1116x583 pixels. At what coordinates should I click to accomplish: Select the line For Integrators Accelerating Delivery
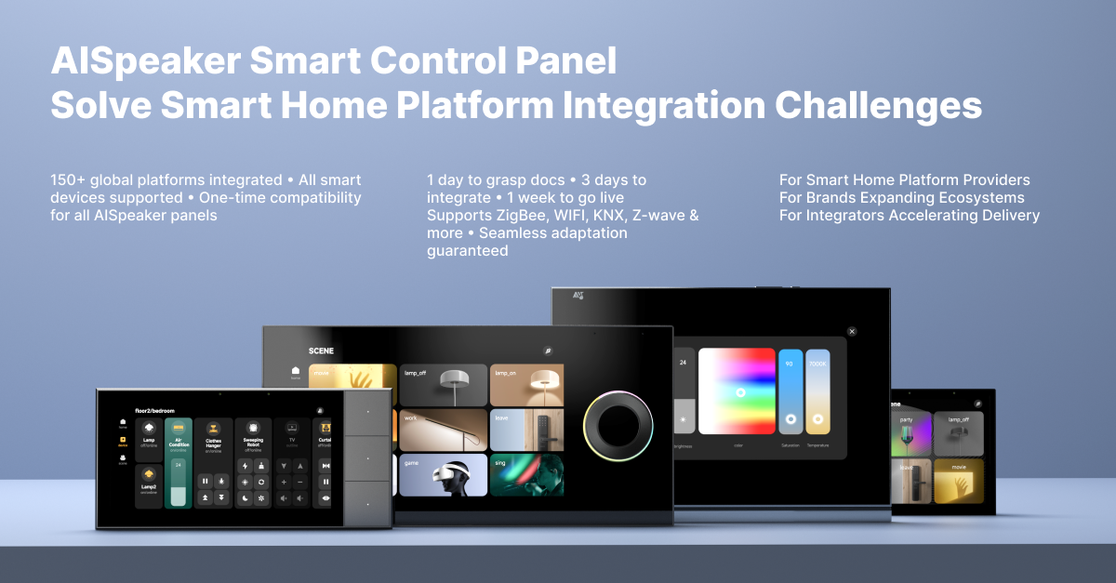pos(909,215)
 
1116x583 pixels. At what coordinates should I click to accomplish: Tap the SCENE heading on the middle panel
pos(321,351)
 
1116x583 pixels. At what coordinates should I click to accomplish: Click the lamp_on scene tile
pos(526,384)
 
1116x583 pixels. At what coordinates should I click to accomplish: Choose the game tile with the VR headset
pos(443,474)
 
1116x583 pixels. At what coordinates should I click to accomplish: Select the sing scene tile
pos(526,474)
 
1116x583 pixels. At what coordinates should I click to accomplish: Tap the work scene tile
pos(443,430)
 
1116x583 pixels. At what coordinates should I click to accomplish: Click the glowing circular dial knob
pos(618,426)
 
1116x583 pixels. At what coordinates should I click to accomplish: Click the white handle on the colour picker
pos(740,392)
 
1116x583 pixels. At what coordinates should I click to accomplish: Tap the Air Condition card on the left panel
pos(178,462)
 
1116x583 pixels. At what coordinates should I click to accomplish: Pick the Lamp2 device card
pos(149,486)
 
